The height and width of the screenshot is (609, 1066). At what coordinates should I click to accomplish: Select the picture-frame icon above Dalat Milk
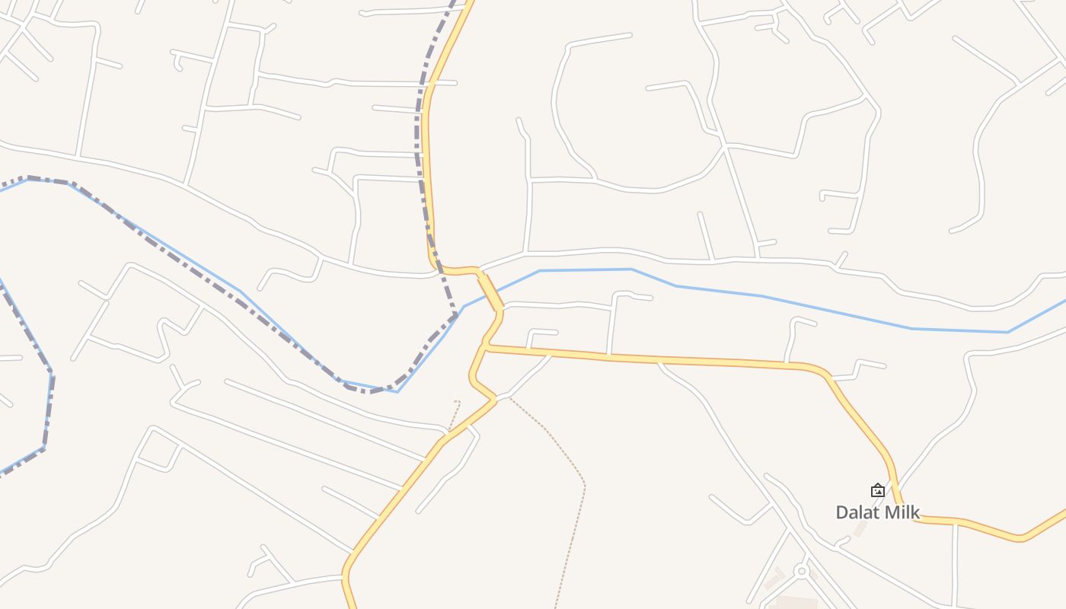(878, 490)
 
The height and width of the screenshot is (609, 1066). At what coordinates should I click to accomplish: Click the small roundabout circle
(800, 570)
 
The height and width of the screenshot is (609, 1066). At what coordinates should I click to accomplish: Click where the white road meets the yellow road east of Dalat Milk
(956, 523)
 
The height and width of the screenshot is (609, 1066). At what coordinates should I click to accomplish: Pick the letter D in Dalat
(842, 512)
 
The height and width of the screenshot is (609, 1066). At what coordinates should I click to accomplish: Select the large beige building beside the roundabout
(792, 603)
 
